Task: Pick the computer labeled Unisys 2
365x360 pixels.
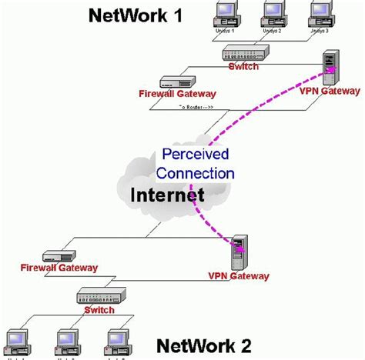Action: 273,13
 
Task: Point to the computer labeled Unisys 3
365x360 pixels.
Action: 320,13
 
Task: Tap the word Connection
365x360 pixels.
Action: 198,173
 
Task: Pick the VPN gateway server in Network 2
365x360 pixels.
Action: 239,250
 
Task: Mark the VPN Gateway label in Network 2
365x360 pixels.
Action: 239,275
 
